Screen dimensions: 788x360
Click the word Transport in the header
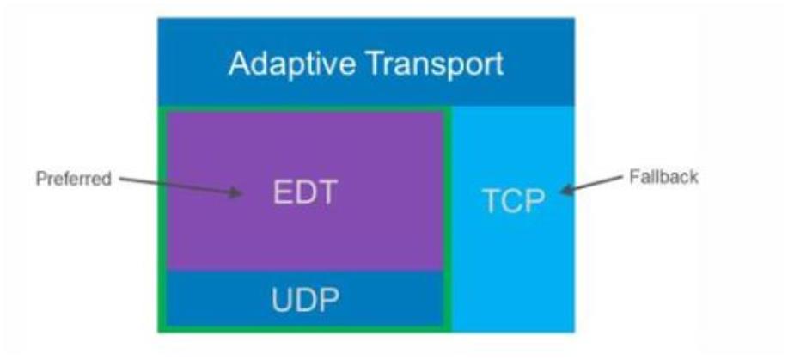click(435, 64)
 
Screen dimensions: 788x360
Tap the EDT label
click(305, 192)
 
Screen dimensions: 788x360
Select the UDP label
click(305, 300)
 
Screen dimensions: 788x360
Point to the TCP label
click(514, 201)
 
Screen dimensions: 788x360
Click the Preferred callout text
click(74, 179)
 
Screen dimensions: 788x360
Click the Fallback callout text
click(664, 176)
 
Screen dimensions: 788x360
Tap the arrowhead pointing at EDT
click(235, 192)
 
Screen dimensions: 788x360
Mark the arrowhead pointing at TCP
click(566, 190)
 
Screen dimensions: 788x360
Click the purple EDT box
click(305, 191)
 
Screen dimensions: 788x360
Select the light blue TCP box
click(513, 219)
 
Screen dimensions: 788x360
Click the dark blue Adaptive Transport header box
click(366, 62)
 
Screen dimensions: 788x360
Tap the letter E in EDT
click(282, 192)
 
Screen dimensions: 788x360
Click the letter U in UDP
click(282, 300)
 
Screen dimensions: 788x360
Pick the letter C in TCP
click(513, 202)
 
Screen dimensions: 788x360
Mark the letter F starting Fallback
click(633, 176)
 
